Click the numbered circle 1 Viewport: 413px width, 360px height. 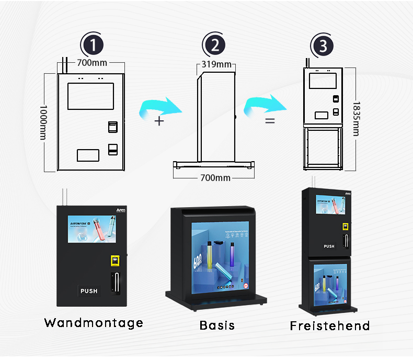93,45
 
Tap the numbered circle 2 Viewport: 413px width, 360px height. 214,46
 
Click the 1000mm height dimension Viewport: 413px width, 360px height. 43,121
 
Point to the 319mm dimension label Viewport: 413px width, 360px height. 217,65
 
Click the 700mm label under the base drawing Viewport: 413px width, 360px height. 215,178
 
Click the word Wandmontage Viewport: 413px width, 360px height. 94,322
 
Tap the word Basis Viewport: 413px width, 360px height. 217,325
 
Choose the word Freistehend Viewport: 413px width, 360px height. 330,326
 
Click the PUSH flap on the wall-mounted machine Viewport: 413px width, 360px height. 89,290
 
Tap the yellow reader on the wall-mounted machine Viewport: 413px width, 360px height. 114,260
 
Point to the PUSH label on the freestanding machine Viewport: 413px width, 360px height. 329,246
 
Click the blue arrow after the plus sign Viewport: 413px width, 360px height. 162,107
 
